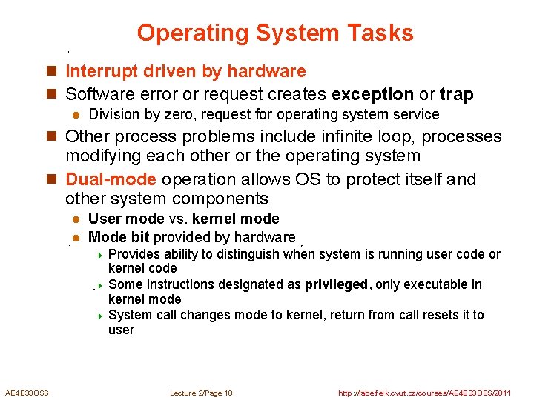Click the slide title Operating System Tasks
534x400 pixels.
tap(274, 33)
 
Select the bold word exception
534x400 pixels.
tap(373, 94)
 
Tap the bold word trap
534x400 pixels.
tap(456, 94)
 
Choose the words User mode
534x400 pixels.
tap(123, 219)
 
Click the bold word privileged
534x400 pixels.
tap(336, 284)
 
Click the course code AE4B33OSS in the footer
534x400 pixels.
tap(27, 393)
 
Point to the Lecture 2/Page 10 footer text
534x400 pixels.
tap(201, 393)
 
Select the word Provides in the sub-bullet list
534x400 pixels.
tap(132, 254)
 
